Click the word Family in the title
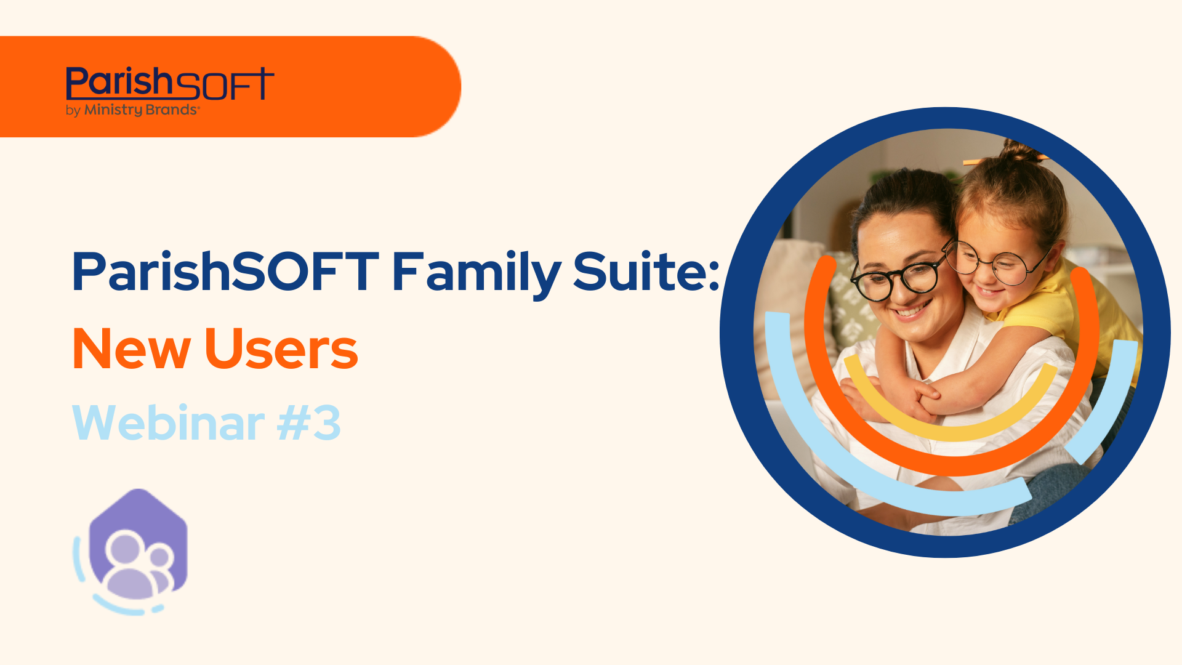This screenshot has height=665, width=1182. [475, 272]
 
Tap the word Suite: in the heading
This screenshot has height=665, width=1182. [646, 272]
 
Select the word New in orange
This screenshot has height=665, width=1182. [131, 349]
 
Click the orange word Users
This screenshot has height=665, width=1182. [281, 349]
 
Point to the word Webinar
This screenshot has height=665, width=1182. [168, 424]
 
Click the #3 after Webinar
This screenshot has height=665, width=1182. [308, 424]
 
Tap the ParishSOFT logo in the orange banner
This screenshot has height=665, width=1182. [169, 84]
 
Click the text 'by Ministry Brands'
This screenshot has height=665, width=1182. [132, 110]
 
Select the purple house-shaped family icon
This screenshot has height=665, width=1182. [138, 545]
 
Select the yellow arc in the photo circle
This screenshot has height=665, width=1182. [951, 425]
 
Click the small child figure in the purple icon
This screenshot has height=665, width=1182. [161, 570]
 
